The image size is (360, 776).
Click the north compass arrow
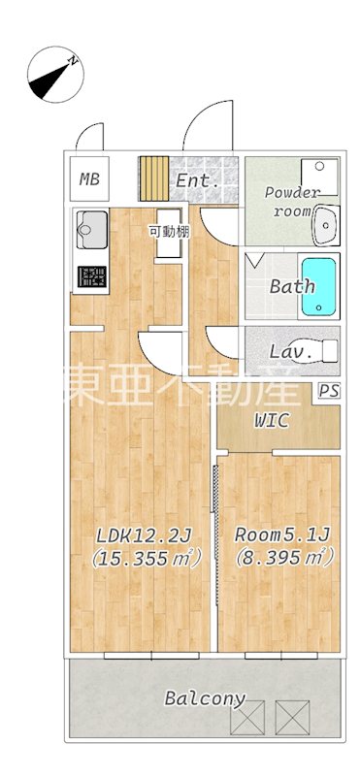click(54, 76)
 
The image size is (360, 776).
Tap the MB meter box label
click(89, 178)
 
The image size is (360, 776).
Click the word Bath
click(291, 286)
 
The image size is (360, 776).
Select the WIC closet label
click(276, 421)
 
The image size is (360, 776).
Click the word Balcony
click(204, 698)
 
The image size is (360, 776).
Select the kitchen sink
click(91, 231)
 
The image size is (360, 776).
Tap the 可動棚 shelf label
click(168, 231)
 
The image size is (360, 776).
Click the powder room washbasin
click(324, 226)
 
